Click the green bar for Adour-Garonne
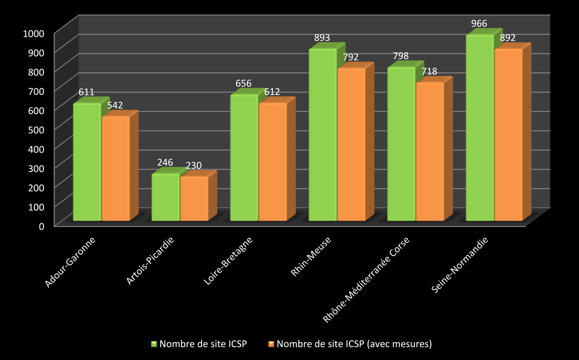87,162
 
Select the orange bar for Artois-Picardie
194,199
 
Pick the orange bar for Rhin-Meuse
351,145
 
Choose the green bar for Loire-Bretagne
244,158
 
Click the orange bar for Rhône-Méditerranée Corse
430,152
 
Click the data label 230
194,166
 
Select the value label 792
350,57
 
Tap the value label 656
243,83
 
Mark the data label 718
429,71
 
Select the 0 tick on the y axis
41,225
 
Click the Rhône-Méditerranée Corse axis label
366,280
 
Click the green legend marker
154,344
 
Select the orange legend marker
271,344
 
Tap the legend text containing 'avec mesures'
354,344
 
